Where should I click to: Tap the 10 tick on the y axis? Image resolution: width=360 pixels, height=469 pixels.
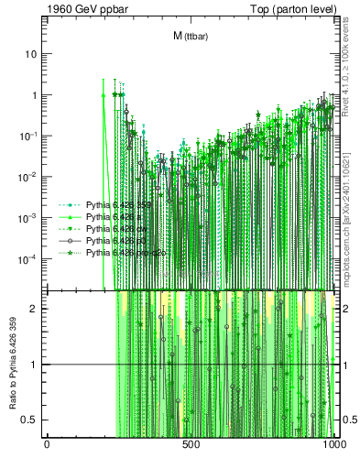pyautogui.click(x=30, y=54)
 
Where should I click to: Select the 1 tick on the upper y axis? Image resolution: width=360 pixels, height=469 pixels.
pyautogui.click(x=33, y=95)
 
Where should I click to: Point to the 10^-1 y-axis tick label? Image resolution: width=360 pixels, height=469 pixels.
pyautogui.click(x=27, y=136)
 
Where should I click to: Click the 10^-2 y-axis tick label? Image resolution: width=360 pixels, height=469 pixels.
pyautogui.click(x=27, y=177)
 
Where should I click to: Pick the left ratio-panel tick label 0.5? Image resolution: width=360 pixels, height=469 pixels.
pyautogui.click(x=29, y=420)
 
